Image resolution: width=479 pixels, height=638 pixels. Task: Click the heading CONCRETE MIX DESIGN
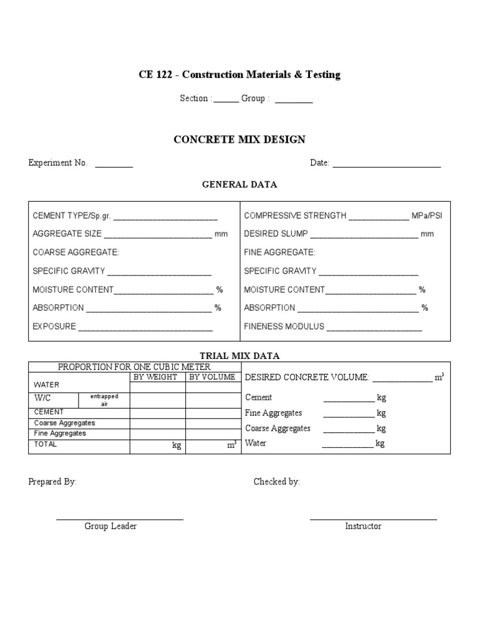pyautogui.click(x=239, y=140)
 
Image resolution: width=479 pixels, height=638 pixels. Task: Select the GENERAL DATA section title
pyautogui.click(x=239, y=185)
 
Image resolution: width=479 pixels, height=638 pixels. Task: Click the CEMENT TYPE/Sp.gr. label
pyautogui.click(x=72, y=216)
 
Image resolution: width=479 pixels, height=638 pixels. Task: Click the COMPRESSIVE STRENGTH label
pyautogui.click(x=295, y=216)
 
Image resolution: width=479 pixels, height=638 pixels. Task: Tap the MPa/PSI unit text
pyautogui.click(x=427, y=216)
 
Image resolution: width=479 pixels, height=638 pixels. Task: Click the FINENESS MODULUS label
pyautogui.click(x=284, y=326)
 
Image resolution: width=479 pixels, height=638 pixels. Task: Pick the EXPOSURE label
pyautogui.click(x=54, y=326)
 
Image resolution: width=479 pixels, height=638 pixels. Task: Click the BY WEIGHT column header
pyautogui.click(x=157, y=377)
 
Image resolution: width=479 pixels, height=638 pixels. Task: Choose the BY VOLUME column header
pyautogui.click(x=212, y=377)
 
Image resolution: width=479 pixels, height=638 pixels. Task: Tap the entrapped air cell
pyautogui.click(x=104, y=400)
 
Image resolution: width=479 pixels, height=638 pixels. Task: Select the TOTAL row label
pyautogui.click(x=45, y=444)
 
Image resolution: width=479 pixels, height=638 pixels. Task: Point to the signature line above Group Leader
pyautogui.click(x=120, y=518)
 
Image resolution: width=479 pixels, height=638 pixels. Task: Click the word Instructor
pyautogui.click(x=363, y=526)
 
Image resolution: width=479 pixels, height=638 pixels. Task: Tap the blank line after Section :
pyautogui.click(x=226, y=102)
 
